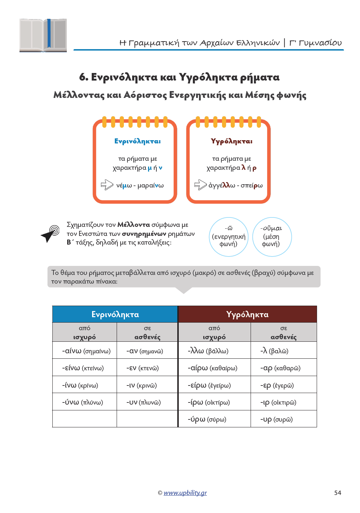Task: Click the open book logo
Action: [x=43, y=35]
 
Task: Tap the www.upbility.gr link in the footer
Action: [x=185, y=493]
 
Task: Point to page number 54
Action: [x=338, y=493]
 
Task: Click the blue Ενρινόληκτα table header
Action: [x=115, y=314]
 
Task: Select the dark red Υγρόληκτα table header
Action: [x=247, y=314]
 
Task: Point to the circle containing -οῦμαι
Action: [x=272, y=237]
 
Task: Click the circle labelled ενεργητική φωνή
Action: [x=229, y=237]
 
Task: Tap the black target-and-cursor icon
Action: [x=50, y=233]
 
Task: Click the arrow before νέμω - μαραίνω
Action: [x=107, y=185]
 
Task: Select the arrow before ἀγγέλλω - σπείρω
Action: [x=200, y=185]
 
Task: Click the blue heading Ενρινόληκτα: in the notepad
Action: [x=138, y=141]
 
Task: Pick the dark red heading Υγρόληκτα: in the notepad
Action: [x=232, y=141]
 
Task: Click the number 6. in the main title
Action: [x=84, y=77]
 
